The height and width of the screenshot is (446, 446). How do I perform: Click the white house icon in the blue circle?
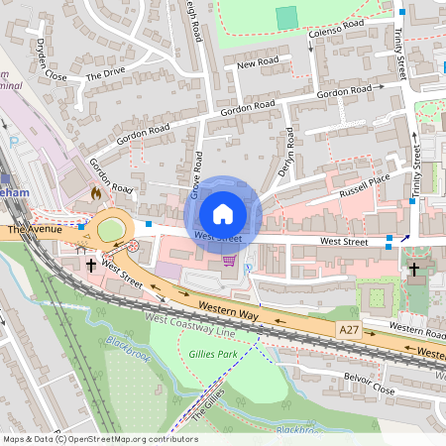click(223, 214)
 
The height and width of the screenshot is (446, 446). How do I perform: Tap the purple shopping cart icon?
click(230, 261)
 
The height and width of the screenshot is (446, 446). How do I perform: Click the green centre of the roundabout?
click(111, 231)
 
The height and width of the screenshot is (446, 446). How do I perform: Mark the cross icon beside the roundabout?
click(91, 265)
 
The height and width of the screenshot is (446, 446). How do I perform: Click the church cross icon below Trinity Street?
click(414, 268)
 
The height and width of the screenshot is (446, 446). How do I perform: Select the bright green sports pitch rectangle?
click(286, 18)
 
